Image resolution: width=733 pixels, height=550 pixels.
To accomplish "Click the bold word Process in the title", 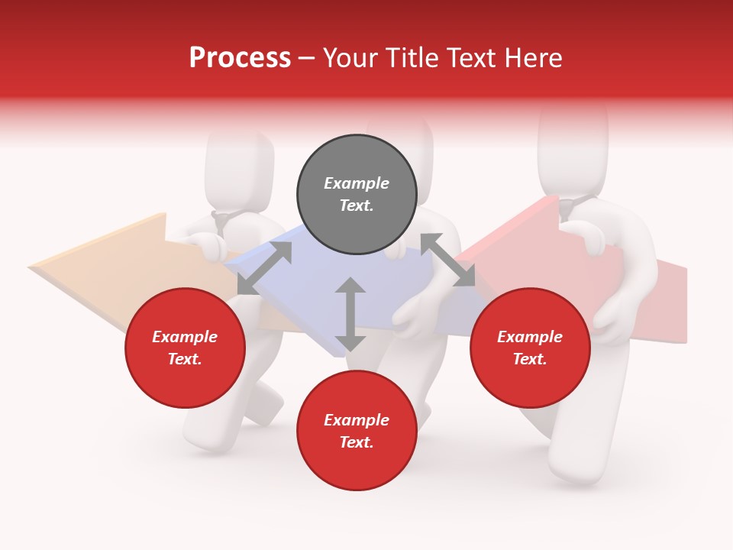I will [x=240, y=57].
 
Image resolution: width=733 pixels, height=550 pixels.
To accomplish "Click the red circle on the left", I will [x=185, y=348].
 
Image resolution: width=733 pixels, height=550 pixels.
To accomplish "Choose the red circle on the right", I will [x=530, y=348].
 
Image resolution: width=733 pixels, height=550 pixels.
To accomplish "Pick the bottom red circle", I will [x=357, y=431].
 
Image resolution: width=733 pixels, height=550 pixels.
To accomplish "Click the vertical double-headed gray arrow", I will [x=350, y=314].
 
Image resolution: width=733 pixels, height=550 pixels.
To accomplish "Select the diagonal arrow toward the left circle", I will [x=264, y=267].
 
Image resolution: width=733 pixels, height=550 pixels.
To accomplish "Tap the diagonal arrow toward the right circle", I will [x=447, y=260].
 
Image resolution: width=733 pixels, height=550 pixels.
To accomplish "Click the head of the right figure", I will [x=573, y=145].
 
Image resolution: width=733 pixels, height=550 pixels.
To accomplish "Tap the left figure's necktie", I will [x=221, y=223].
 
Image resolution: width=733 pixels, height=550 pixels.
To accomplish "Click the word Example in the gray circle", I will [x=357, y=183].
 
